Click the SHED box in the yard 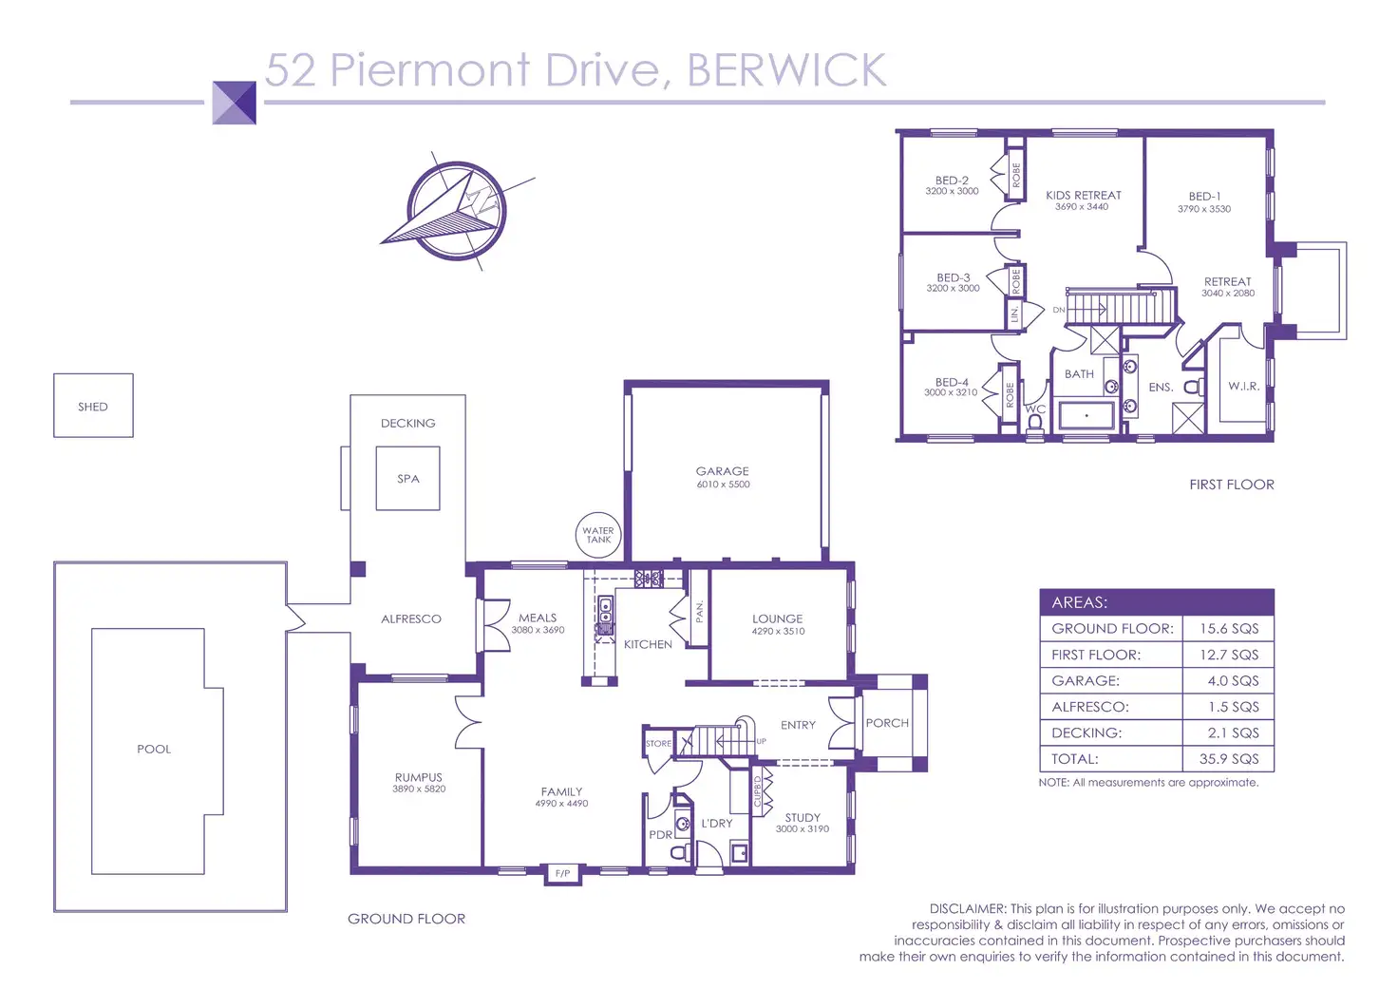click(x=93, y=406)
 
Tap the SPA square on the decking click(x=407, y=479)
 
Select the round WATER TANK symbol click(x=598, y=536)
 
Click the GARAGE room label click(x=723, y=471)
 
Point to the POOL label click(x=154, y=750)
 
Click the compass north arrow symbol click(x=456, y=211)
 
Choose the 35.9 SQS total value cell click(x=1228, y=759)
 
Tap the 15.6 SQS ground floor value click(x=1228, y=629)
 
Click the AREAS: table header click(x=1080, y=602)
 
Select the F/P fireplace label click(x=562, y=873)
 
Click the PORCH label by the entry click(x=887, y=723)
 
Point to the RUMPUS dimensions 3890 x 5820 click(x=419, y=789)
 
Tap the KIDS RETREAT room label click(x=1083, y=196)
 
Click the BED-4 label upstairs click(x=952, y=382)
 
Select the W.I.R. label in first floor click(x=1243, y=387)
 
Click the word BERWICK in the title click(x=786, y=70)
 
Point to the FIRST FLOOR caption click(x=1232, y=485)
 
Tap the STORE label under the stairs click(x=658, y=744)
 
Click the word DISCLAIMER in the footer click(x=967, y=909)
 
